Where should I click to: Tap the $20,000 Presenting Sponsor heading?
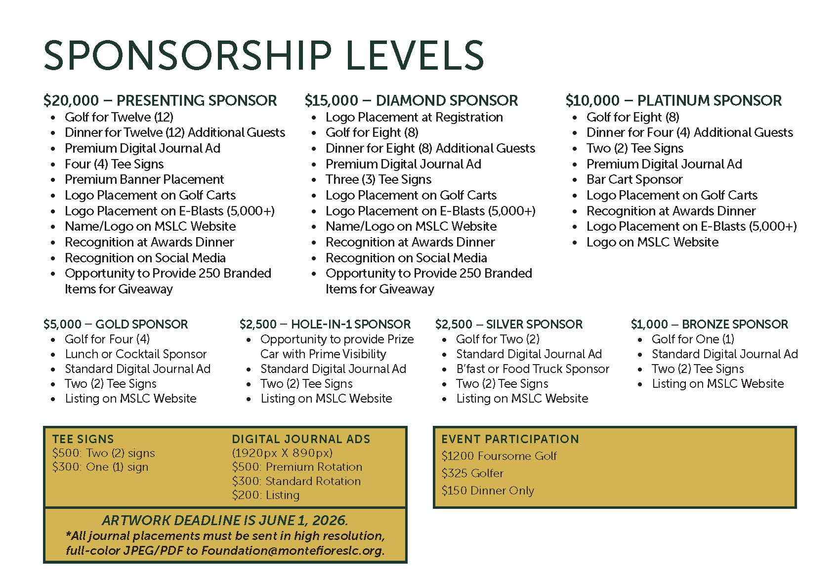160,101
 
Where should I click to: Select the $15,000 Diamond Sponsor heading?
411,101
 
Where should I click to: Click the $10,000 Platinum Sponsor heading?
673,101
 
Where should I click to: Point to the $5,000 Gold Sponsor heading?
116,325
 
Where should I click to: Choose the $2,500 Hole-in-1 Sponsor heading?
325,325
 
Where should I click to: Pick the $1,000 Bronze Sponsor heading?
709,325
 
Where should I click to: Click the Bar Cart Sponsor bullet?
634,179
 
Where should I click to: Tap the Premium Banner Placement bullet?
144,179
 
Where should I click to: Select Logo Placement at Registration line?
414,117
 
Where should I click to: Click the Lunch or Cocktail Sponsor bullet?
136,354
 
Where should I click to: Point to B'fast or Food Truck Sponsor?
533,369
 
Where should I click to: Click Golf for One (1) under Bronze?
693,339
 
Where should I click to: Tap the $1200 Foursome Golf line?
499,456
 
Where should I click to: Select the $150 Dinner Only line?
488,491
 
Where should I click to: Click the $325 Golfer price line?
472,473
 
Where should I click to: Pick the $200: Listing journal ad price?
266,495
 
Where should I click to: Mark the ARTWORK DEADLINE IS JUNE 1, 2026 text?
225,520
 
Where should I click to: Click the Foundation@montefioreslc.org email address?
293,551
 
